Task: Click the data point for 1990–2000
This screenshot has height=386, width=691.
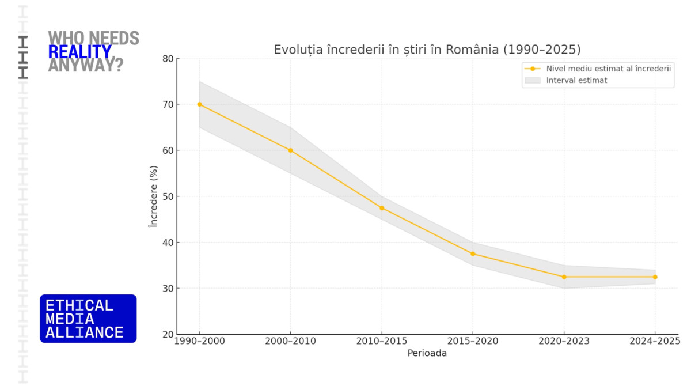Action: pyautogui.click(x=200, y=104)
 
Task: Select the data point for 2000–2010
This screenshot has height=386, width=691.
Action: pyautogui.click(x=291, y=150)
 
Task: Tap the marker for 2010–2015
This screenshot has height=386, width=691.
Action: pyautogui.click(x=382, y=208)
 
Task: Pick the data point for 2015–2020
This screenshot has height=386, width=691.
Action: pyautogui.click(x=473, y=253)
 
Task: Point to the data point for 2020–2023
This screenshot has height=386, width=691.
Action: pyautogui.click(x=564, y=277)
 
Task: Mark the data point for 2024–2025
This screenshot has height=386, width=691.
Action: pyautogui.click(x=655, y=277)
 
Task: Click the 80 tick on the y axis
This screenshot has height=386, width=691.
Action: pyautogui.click(x=168, y=58)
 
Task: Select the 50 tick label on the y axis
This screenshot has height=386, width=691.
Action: pyautogui.click(x=168, y=196)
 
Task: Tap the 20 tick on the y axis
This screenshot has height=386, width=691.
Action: pyautogui.click(x=168, y=334)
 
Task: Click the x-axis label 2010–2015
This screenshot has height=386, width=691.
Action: pyautogui.click(x=382, y=342)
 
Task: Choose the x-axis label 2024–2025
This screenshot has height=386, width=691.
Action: pyautogui.click(x=655, y=342)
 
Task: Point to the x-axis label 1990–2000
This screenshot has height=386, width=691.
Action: pyautogui.click(x=200, y=342)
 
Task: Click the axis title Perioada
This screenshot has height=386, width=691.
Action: pyautogui.click(x=427, y=353)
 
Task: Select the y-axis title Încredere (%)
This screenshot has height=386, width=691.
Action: pyautogui.click(x=153, y=196)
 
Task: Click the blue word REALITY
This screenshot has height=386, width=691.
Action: pyautogui.click(x=79, y=52)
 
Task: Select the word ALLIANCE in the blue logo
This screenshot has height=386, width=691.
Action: pyautogui.click(x=84, y=332)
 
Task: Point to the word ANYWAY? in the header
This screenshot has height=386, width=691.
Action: pyautogui.click(x=85, y=65)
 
